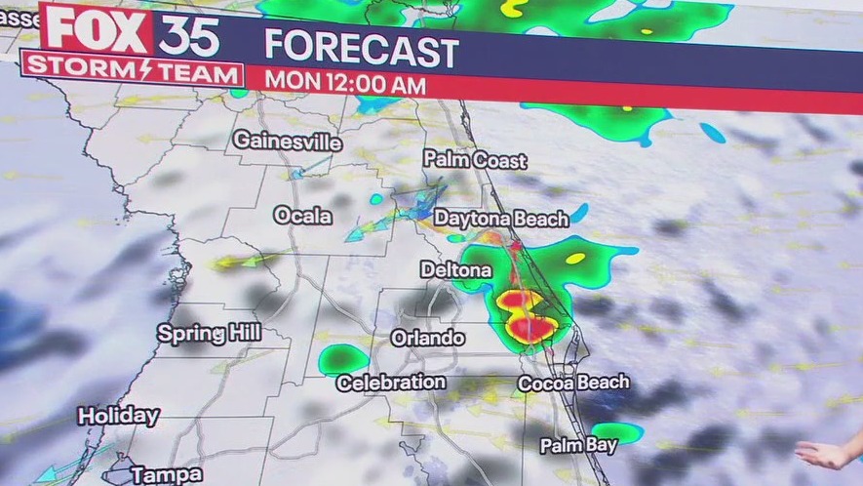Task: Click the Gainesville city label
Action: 287,142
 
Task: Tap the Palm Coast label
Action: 475,160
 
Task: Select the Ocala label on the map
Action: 302,216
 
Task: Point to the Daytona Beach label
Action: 500,219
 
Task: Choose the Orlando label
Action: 427,339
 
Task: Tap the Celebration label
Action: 391,383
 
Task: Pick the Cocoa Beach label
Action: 573,384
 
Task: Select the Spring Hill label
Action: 209,334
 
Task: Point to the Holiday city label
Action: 118,416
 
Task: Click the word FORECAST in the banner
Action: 361,51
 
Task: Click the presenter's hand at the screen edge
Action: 829,454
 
